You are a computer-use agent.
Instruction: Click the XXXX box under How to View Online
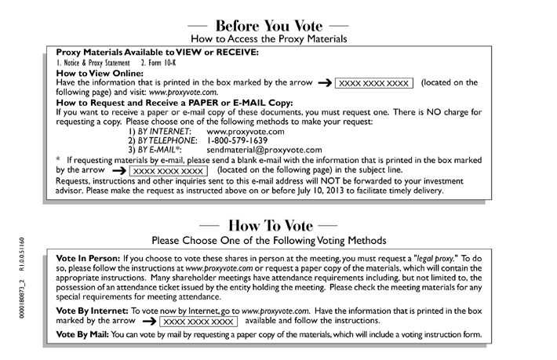tap(373, 82)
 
